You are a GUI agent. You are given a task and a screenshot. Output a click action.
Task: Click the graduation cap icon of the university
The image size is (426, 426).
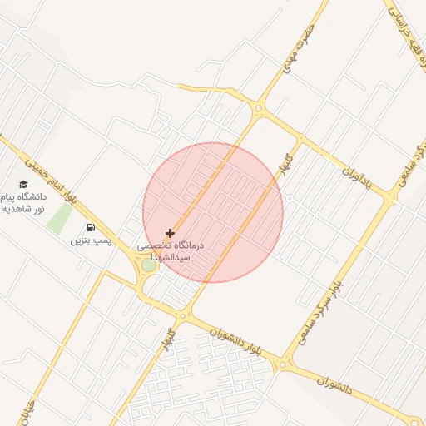(x=23, y=184)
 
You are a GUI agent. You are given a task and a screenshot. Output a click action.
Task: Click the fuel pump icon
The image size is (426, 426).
(x=90, y=227)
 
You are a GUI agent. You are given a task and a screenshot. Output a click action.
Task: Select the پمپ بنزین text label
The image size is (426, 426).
(x=90, y=240)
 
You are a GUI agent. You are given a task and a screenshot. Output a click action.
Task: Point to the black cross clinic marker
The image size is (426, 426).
(x=171, y=234)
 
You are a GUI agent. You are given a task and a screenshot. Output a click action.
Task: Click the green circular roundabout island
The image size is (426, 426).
(x=148, y=265)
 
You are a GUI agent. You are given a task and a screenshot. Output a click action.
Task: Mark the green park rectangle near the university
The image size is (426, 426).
(x=59, y=218)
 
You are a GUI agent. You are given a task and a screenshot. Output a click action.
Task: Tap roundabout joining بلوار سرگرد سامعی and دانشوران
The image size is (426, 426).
(x=286, y=364)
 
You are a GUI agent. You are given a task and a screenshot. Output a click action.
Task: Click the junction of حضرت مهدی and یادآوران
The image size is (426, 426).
(x=260, y=108)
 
